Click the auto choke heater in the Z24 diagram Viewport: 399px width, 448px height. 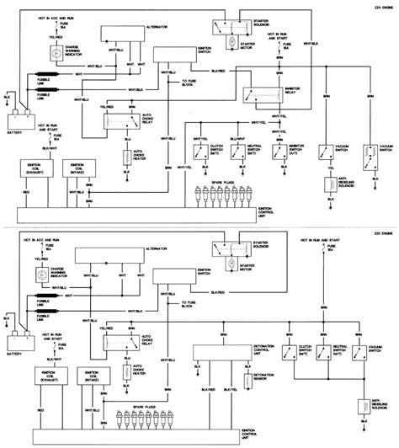[x=126, y=160]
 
